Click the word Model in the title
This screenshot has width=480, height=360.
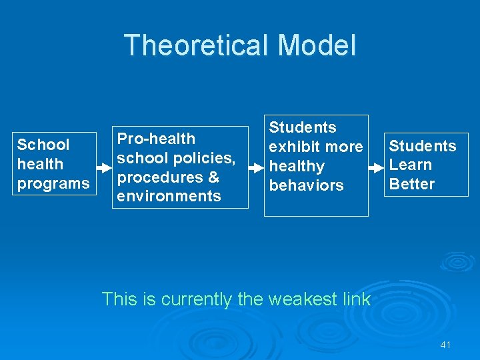[x=317, y=45]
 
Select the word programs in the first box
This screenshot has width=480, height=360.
[x=53, y=183]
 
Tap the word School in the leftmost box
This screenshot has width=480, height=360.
[x=43, y=145]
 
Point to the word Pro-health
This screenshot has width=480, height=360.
[x=156, y=139]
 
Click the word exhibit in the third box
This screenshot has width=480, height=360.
[x=293, y=147]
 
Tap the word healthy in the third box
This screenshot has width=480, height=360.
[x=297, y=166]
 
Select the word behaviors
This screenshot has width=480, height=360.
[x=306, y=185]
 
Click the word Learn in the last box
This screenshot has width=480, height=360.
[x=410, y=165]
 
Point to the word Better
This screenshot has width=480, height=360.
[x=411, y=184]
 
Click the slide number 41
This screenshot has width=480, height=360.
[x=446, y=345]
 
